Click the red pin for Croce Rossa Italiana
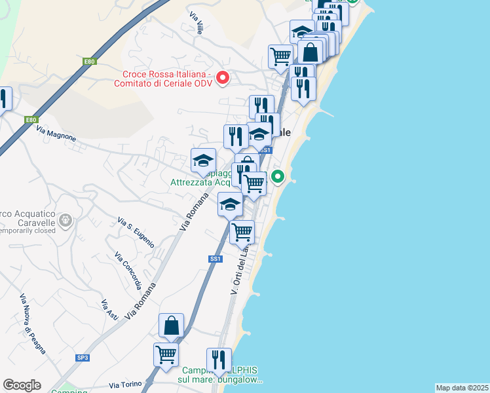pyautogui.click(x=222, y=78)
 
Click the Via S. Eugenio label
pyautogui.click(x=136, y=233)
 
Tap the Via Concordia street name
pyautogui.click(x=128, y=271)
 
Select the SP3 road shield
pyautogui.click(x=83, y=358)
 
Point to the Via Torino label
pyautogui.click(x=125, y=384)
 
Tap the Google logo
pyautogui.click(x=22, y=385)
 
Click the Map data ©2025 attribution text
pyautogui.click(x=461, y=388)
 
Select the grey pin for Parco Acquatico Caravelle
pyautogui.click(x=65, y=221)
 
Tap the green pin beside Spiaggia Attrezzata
pyautogui.click(x=278, y=176)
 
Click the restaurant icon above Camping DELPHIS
pyautogui.click(x=219, y=360)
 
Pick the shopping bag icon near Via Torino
pyautogui.click(x=171, y=325)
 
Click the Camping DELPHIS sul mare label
pyautogui.click(x=219, y=374)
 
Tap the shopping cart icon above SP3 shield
pyautogui.click(x=166, y=354)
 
